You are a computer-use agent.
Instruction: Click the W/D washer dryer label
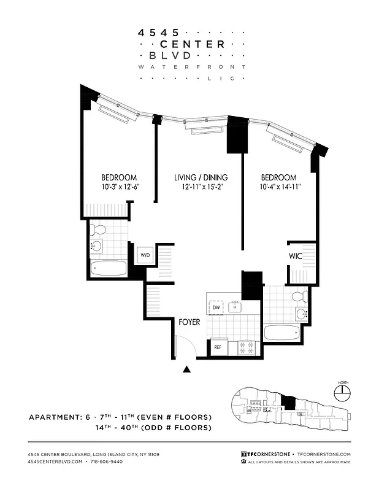(145, 255)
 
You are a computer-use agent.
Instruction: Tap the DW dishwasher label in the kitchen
(216, 307)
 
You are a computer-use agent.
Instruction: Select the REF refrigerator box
(218, 347)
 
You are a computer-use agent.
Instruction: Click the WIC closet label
(296, 256)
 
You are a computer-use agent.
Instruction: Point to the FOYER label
(189, 322)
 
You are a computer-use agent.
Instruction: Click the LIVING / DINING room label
(197, 177)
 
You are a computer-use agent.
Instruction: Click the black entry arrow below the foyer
(187, 369)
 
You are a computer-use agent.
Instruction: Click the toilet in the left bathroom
(98, 231)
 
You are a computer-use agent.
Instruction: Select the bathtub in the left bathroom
(106, 268)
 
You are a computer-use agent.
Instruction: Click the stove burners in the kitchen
(246, 347)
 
